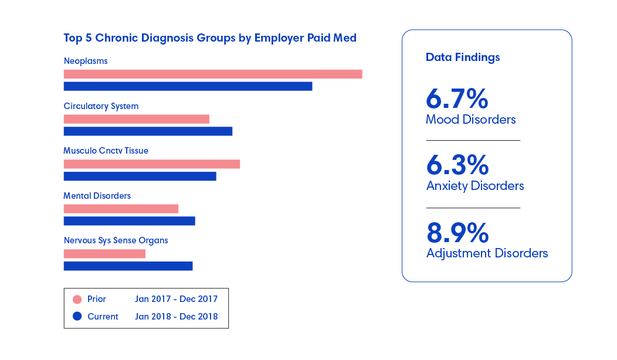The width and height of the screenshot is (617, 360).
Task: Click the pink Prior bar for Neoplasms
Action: [213, 74]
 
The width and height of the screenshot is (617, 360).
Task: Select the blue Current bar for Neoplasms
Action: [188, 86]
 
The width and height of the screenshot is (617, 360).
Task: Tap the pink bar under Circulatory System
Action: [136, 119]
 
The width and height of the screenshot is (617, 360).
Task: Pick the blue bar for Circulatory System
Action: [148, 131]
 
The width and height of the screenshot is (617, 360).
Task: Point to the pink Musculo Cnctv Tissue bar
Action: [151, 164]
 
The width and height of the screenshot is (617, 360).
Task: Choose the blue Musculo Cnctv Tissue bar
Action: [140, 176]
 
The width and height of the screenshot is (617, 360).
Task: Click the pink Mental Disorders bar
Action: [121, 209]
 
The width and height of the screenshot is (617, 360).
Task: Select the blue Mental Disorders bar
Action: [129, 221]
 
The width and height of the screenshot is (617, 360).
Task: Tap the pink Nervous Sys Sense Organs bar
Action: [104, 254]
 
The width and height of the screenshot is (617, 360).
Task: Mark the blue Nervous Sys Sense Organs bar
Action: [128, 266]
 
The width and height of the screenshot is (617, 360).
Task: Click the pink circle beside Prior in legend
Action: [77, 300]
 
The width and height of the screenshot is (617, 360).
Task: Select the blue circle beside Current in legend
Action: [77, 317]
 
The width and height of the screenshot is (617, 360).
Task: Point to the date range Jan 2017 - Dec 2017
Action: [176, 299]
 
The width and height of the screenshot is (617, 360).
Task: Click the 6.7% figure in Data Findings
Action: [457, 100]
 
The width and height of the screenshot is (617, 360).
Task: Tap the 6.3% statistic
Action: [457, 166]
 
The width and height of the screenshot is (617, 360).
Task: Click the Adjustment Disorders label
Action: [487, 253]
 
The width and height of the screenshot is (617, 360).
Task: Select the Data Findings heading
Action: [463, 57]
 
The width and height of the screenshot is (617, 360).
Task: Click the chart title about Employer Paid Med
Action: [210, 38]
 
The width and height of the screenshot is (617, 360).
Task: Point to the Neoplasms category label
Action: [86, 61]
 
